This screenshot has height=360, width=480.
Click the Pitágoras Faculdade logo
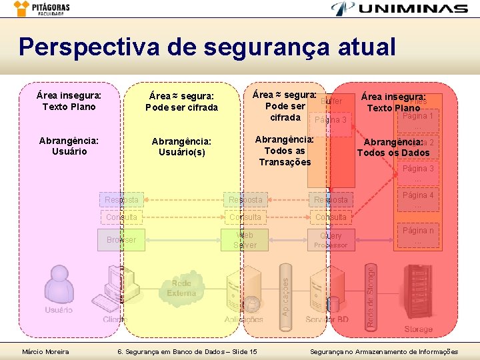pyautogui.click(x=41, y=8)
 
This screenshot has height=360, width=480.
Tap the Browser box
pyautogui.click(x=121, y=240)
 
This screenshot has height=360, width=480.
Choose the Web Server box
pyautogui.click(x=245, y=240)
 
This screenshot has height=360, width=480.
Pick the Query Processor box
pyautogui.click(x=331, y=240)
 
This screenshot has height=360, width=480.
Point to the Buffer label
pyautogui.click(x=331, y=101)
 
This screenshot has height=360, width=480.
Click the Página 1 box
pyautogui.click(x=418, y=121)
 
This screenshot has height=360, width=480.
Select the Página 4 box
pyautogui.click(x=418, y=199)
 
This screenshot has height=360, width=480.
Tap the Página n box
pyautogui.click(x=418, y=235)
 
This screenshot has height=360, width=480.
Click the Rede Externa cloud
pyautogui.click(x=181, y=288)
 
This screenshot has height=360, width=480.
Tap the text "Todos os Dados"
pyautogui.click(x=393, y=153)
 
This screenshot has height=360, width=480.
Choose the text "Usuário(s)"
pyautogui.click(x=181, y=153)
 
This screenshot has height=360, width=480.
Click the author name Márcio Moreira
pyautogui.click(x=45, y=351)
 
